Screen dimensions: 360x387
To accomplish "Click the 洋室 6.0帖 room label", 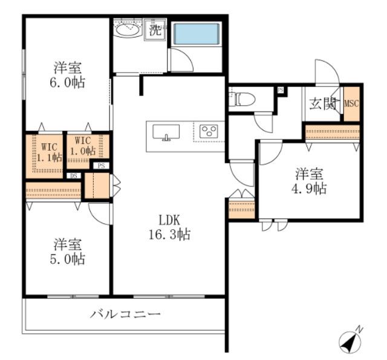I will (68, 74).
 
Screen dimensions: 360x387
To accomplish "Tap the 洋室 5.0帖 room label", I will (68, 252).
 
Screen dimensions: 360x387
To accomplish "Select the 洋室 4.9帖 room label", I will (310, 182).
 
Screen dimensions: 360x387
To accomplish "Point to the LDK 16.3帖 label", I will (170, 227).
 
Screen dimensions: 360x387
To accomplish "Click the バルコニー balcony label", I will (126, 315).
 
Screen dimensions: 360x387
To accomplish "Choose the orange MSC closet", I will (351, 103).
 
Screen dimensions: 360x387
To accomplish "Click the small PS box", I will (101, 165).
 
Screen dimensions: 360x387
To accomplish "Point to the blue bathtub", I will (196, 33).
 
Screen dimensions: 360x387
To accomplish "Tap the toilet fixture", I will (246, 98).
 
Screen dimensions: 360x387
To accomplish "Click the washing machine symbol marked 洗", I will (155, 29).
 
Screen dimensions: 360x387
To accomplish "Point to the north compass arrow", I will (350, 341).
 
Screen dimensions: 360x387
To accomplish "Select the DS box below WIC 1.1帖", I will (73, 176).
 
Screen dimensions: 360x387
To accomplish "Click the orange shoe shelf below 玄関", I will (332, 132).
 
